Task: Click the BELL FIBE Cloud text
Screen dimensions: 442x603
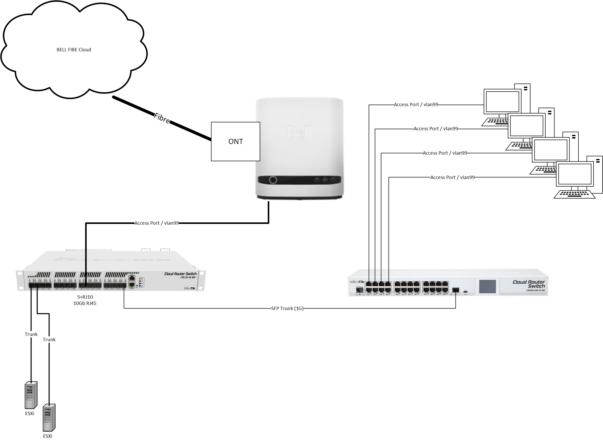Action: pyautogui.click(x=74, y=50)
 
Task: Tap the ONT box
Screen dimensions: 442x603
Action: pyautogui.click(x=235, y=141)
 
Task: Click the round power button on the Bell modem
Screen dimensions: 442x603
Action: pyautogui.click(x=273, y=180)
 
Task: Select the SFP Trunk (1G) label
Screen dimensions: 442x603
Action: pyautogui.click(x=287, y=308)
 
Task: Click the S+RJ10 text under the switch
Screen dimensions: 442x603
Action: pyautogui.click(x=85, y=297)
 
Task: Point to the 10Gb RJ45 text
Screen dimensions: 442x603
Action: pyautogui.click(x=85, y=303)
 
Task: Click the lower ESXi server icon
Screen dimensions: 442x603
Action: pyautogui.click(x=49, y=417)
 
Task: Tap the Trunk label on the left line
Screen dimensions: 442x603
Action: pyautogui.click(x=31, y=334)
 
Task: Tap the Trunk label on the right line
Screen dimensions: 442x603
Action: pyautogui.click(x=49, y=339)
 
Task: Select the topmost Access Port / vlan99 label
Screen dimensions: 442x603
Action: pyautogui.click(x=416, y=105)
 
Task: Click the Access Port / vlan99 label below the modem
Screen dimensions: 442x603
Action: pyautogui.click(x=156, y=223)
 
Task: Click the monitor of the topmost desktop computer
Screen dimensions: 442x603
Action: pyautogui.click(x=502, y=101)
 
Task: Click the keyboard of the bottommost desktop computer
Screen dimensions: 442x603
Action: pyautogui.click(x=574, y=194)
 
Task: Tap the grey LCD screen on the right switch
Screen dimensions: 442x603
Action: pyautogui.click(x=487, y=287)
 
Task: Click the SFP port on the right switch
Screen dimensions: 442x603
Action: pyautogui.click(x=455, y=290)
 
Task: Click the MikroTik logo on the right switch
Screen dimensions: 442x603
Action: pyautogui.click(x=357, y=282)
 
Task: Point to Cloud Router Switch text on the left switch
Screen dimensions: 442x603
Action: pyautogui.click(x=180, y=274)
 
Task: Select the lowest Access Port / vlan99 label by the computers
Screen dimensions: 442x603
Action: pyautogui.click(x=452, y=177)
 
